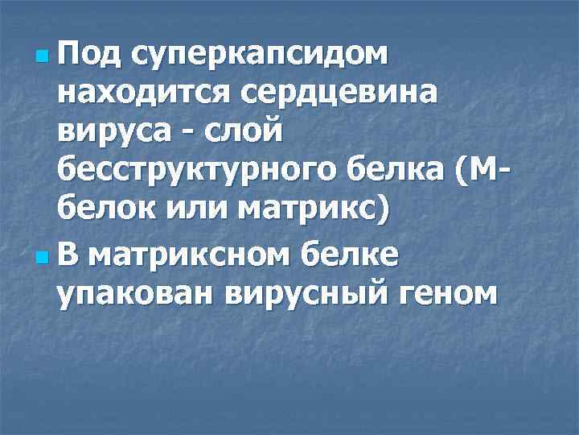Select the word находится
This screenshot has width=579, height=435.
point(142,94)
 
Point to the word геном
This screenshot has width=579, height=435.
point(447,293)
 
